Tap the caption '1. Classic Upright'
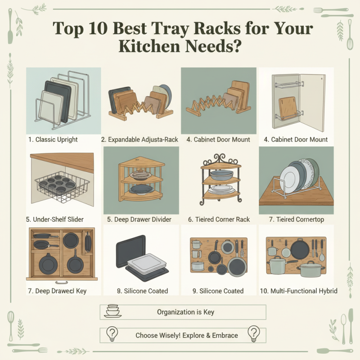(x=53, y=139)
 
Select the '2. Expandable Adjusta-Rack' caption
(x=139, y=139)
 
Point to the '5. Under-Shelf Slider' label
(x=54, y=220)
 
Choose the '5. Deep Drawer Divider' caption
(x=139, y=220)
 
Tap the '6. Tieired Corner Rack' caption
(x=220, y=220)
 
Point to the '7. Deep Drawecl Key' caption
(x=57, y=291)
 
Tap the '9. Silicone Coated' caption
(x=218, y=291)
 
